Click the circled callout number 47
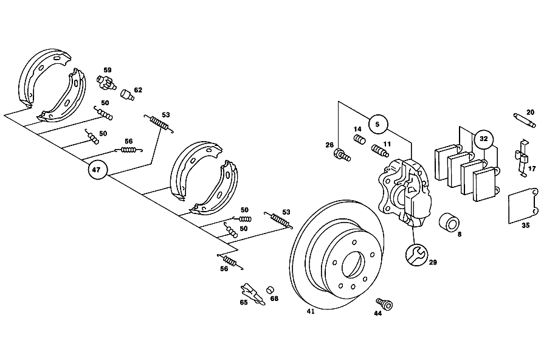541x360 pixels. (x=96, y=170)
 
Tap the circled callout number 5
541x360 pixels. (x=377, y=124)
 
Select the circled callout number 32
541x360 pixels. (x=484, y=139)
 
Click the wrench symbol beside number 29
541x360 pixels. (x=416, y=255)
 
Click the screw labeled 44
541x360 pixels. (x=385, y=303)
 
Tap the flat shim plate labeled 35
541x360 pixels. (x=523, y=206)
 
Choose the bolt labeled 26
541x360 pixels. (x=342, y=154)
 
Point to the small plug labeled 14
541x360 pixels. (x=360, y=140)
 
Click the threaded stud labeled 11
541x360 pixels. (x=380, y=150)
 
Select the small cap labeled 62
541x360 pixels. (x=127, y=95)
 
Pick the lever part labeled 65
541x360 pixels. (x=252, y=294)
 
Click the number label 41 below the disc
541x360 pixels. (x=311, y=312)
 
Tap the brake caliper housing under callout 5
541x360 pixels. (x=404, y=192)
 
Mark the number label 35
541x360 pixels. (x=525, y=226)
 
